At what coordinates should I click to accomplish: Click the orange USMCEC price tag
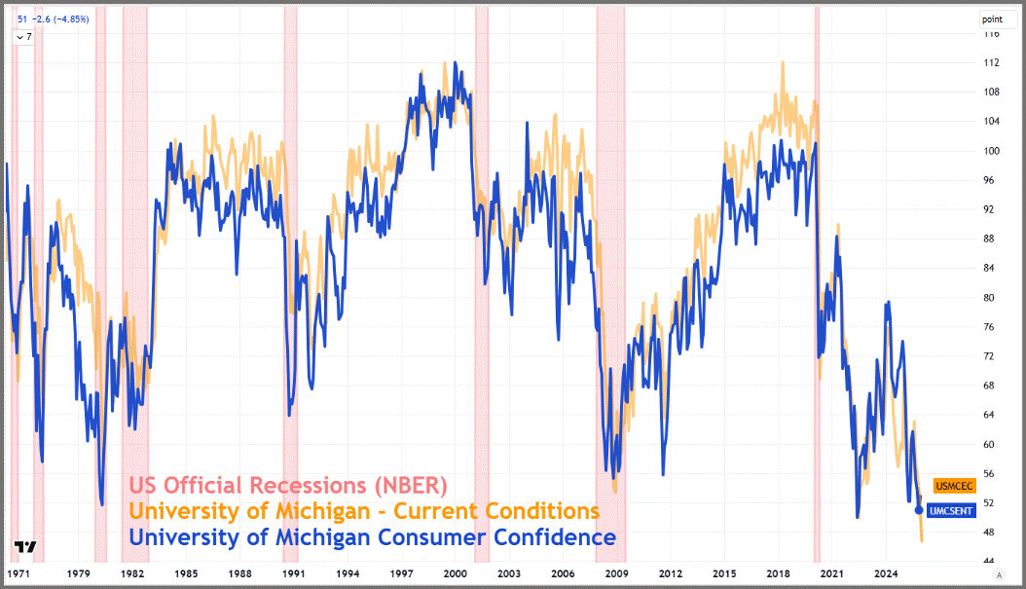click(954, 485)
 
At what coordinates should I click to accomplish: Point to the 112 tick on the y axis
click(990, 62)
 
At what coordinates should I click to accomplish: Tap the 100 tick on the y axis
click(990, 151)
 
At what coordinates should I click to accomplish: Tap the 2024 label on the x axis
click(886, 574)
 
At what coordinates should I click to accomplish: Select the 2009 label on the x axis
click(615, 574)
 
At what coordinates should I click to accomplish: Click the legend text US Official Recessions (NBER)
click(288, 485)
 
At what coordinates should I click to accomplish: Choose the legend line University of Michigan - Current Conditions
click(364, 511)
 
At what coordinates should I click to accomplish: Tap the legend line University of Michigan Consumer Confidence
click(372, 537)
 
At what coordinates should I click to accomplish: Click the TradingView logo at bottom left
click(26, 548)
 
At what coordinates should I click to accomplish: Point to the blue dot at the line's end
click(920, 509)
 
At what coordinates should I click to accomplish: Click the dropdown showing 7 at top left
click(22, 36)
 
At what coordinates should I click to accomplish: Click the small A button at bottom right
click(999, 575)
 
